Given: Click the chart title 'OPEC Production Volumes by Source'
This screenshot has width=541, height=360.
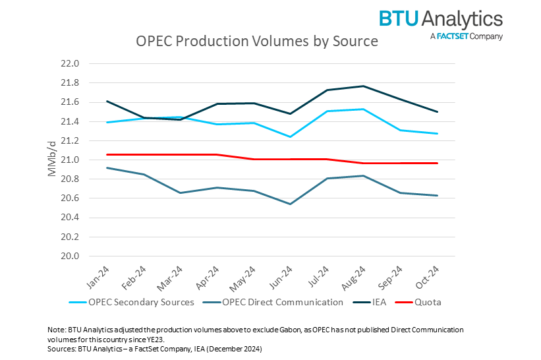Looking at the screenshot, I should click(256, 42).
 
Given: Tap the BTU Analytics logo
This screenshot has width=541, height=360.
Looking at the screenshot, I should click(440, 24).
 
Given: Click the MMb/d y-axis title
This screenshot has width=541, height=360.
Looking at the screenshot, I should click(52, 160).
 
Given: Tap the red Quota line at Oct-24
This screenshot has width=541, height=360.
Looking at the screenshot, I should click(437, 163).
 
